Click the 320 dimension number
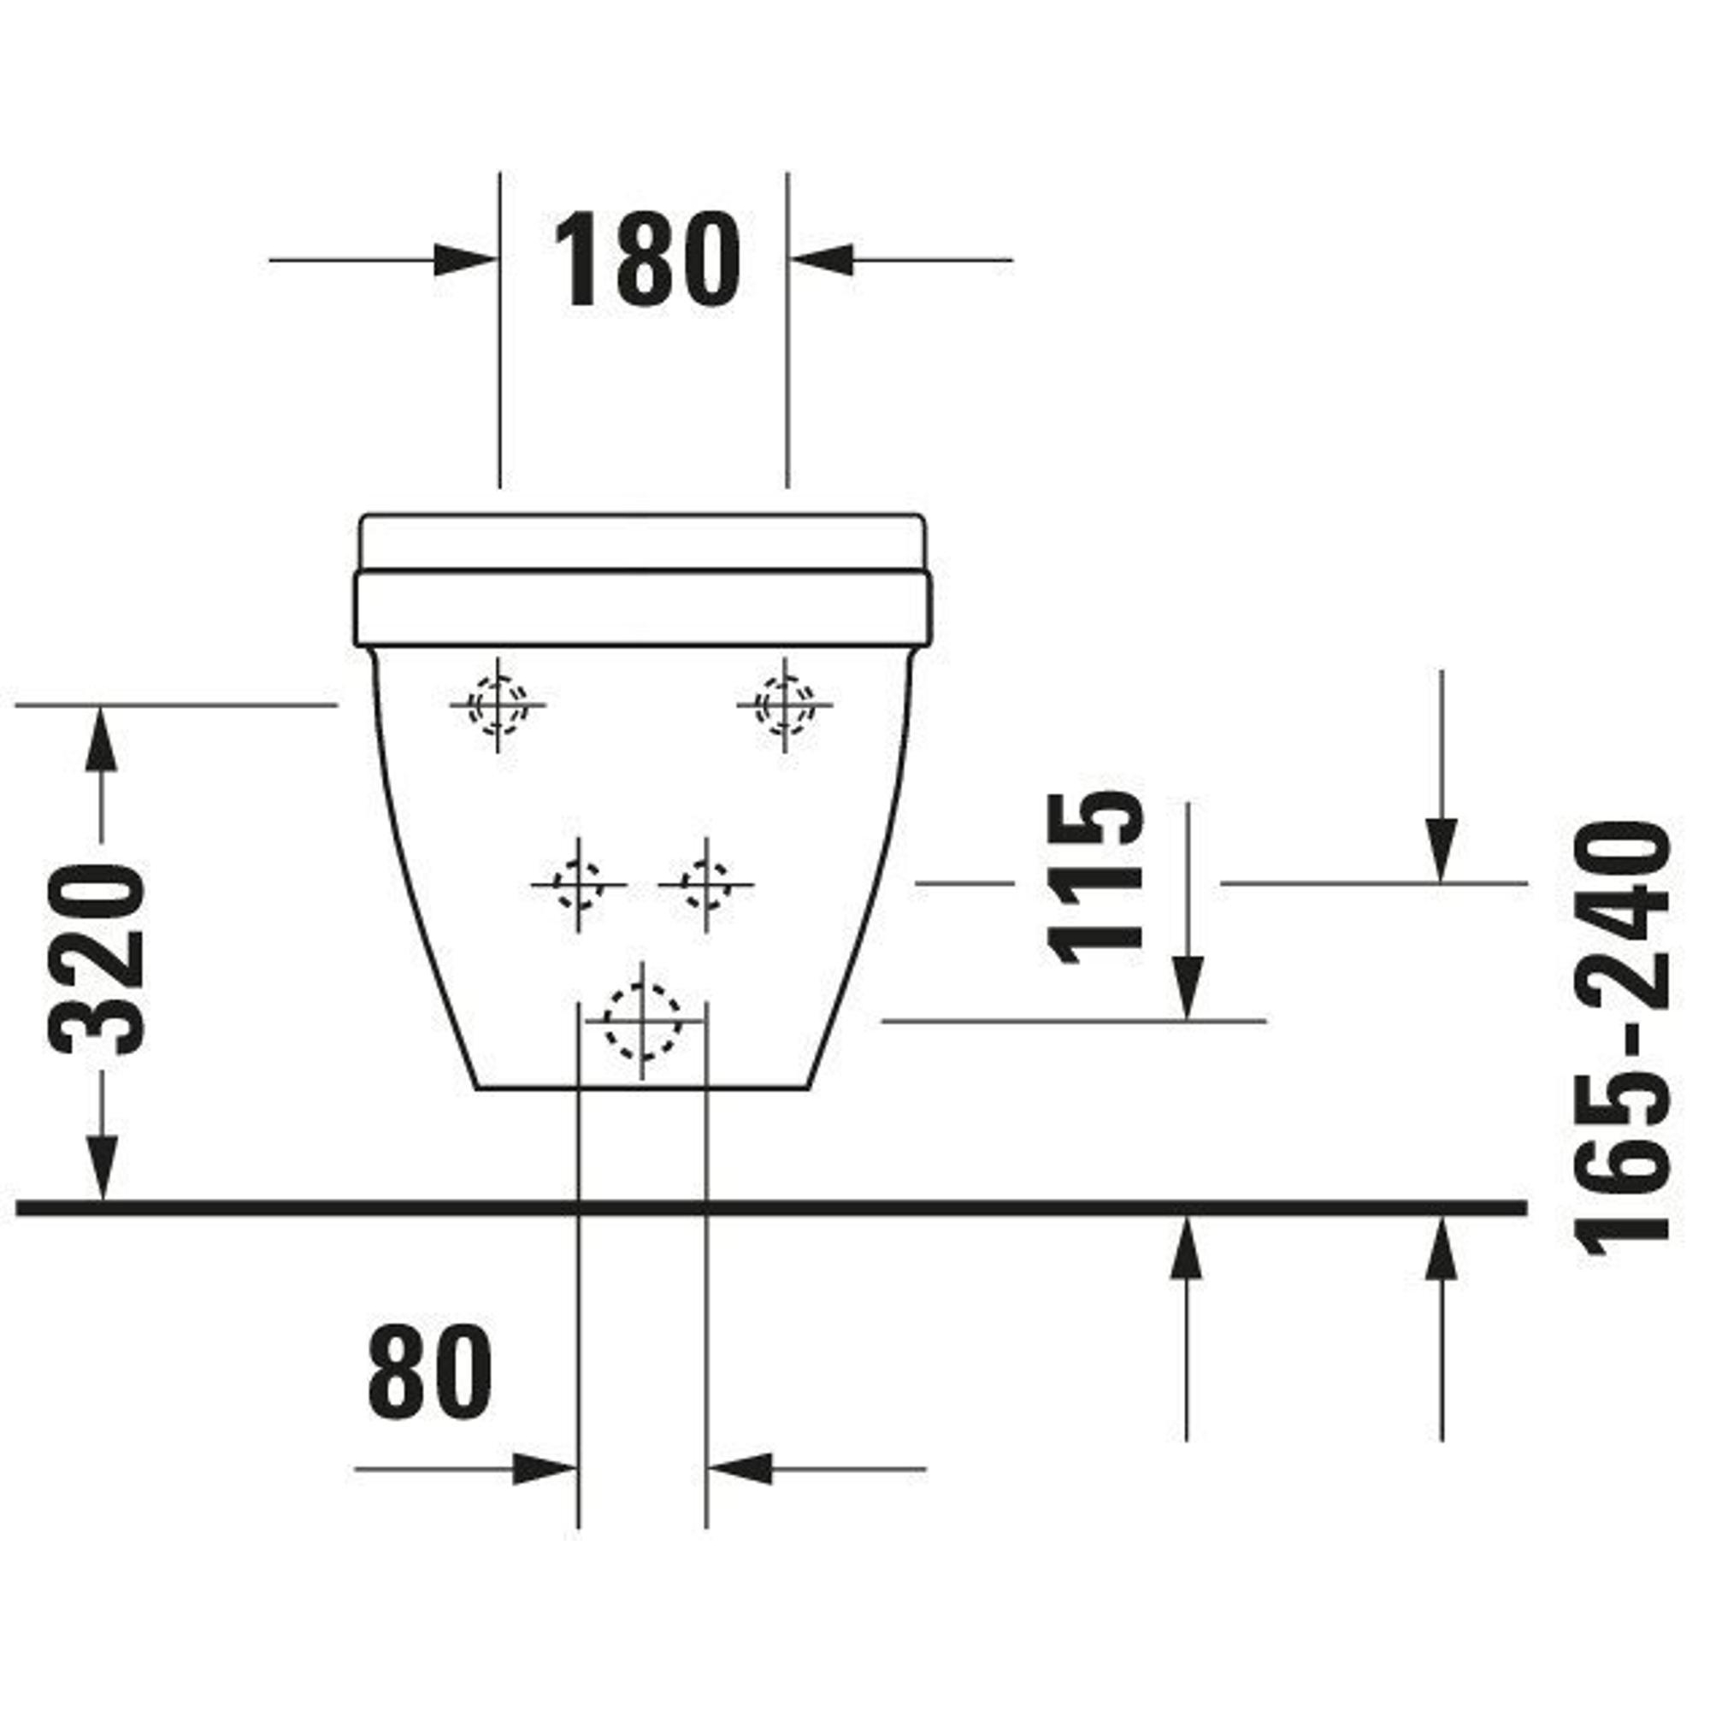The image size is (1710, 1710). click(97, 960)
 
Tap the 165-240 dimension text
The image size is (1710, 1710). click(1624, 1040)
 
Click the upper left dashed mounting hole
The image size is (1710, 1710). click(498, 705)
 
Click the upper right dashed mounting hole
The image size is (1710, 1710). click(785, 705)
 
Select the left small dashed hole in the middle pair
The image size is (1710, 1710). click(579, 884)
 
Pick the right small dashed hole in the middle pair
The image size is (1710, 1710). click(705, 884)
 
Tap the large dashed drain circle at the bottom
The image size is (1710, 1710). click(643, 1021)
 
